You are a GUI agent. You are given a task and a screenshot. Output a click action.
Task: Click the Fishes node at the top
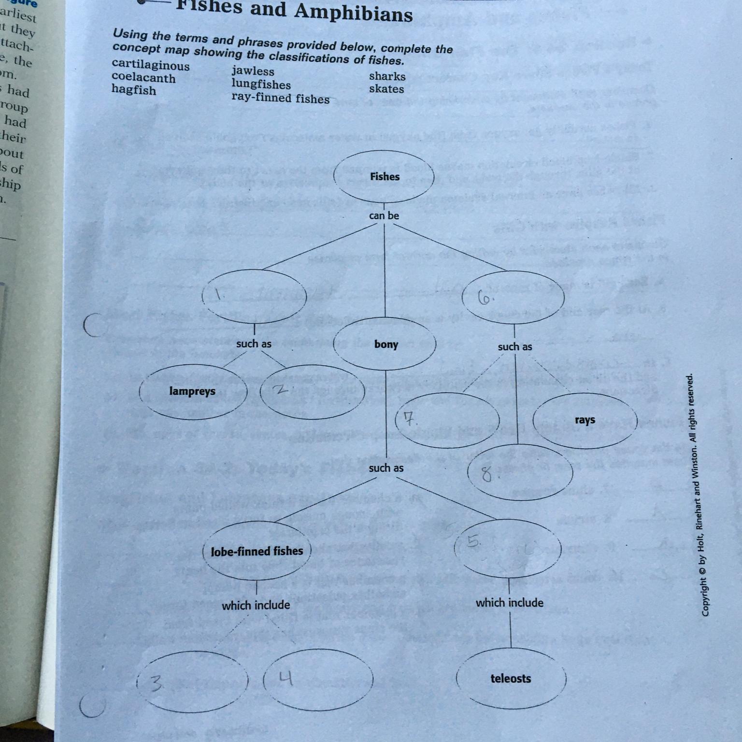tap(385, 177)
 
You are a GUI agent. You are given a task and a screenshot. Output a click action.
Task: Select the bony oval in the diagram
tap(385, 344)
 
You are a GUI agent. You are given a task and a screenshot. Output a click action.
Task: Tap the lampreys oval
tap(193, 391)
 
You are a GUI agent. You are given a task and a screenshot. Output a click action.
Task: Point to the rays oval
tap(585, 420)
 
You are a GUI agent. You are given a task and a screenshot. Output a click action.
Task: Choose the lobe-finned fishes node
tap(257, 551)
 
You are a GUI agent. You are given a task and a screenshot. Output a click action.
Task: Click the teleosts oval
tap(511, 678)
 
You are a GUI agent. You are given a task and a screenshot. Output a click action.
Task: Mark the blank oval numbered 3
tap(192, 681)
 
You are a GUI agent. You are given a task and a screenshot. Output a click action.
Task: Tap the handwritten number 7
tap(410, 419)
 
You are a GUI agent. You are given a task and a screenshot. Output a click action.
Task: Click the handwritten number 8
tap(487, 475)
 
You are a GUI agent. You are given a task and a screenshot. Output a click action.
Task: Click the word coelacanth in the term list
tap(143, 77)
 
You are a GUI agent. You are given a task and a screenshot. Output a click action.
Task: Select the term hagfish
tap(134, 90)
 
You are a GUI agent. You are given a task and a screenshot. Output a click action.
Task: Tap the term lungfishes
tap(261, 84)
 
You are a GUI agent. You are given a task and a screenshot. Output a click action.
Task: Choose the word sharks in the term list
tap(387, 76)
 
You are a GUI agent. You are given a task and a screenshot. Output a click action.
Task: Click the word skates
tap(386, 89)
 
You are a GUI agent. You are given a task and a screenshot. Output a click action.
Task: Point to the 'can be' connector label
tap(384, 215)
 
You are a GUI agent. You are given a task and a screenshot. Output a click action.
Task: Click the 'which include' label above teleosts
tap(510, 602)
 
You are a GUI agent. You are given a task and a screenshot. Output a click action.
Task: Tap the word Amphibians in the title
tap(353, 13)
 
